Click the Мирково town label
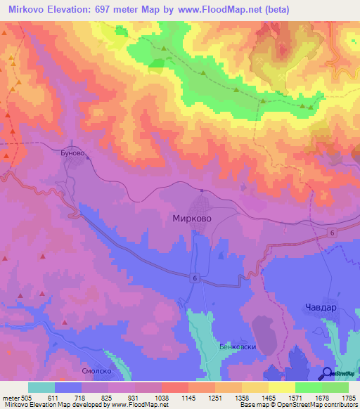192,219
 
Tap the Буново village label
75,149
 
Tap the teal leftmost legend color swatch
41,387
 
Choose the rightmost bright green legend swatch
335,387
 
